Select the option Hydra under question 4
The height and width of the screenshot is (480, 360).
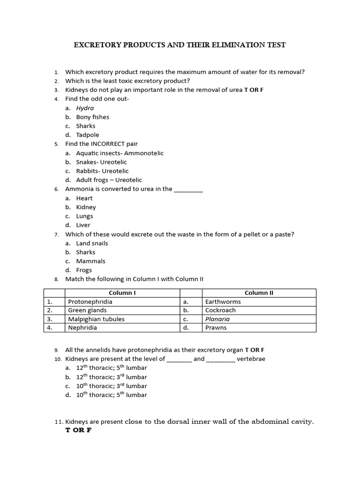click(x=85, y=108)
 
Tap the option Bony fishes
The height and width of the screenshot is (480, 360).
click(x=92, y=117)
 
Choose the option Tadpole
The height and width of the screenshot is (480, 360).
click(x=88, y=135)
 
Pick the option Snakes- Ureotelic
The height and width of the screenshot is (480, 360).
click(x=101, y=162)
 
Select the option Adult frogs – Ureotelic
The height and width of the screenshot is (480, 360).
click(x=109, y=180)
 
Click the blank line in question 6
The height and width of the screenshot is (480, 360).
click(x=188, y=189)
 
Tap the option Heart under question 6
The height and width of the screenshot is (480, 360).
click(x=84, y=198)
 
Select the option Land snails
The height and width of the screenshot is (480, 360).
click(x=92, y=243)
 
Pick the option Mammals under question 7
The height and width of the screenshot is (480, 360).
click(x=90, y=261)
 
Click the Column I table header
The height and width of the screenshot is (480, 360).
click(x=122, y=293)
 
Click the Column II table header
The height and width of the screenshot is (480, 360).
click(x=259, y=293)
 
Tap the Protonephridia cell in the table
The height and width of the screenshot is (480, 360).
click(x=90, y=302)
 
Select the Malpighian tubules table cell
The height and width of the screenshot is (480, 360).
click(x=96, y=319)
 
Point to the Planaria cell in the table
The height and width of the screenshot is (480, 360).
click(x=217, y=319)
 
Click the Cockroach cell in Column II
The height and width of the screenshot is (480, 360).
click(x=220, y=310)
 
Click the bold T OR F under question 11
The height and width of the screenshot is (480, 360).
click(x=78, y=430)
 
